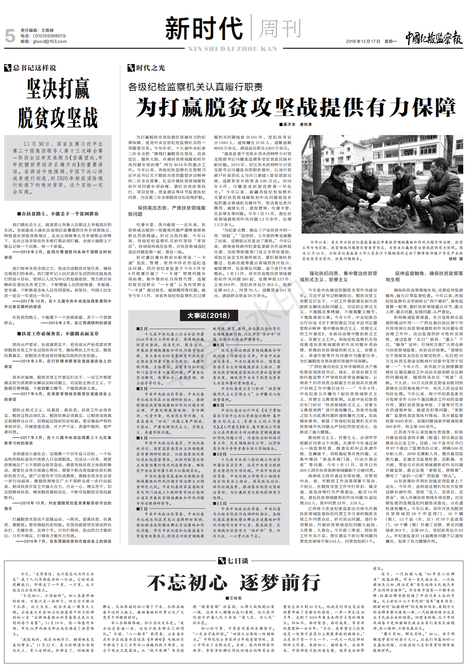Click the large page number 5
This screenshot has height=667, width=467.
coord(10,36)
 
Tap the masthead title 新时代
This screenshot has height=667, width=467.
coord(204,29)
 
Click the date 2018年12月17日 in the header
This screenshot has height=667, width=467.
coord(363,41)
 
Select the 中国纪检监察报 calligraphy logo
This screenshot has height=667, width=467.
coord(434,38)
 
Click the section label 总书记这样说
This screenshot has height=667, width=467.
coord(34,68)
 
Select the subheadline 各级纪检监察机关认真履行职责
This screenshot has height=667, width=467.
coord(195,87)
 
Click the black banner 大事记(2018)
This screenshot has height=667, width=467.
coord(208,316)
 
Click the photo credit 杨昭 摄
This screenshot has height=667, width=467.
coord(456,258)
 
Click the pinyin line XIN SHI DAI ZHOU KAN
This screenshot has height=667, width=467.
coord(232,49)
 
